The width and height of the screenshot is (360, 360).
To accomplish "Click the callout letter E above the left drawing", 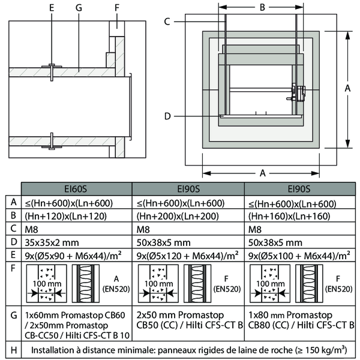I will [x=52, y=8].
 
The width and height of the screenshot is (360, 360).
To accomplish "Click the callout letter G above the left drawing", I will [x=79, y=8].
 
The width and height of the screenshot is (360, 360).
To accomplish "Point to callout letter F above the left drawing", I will [x=117, y=8].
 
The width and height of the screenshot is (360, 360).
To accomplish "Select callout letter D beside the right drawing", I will [x=167, y=115].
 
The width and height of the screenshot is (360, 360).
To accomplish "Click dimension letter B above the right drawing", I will [x=262, y=8].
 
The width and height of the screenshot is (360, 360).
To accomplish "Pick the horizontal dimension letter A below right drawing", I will [x=262, y=173].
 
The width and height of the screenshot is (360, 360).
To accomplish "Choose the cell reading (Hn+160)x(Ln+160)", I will [x=289, y=215].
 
